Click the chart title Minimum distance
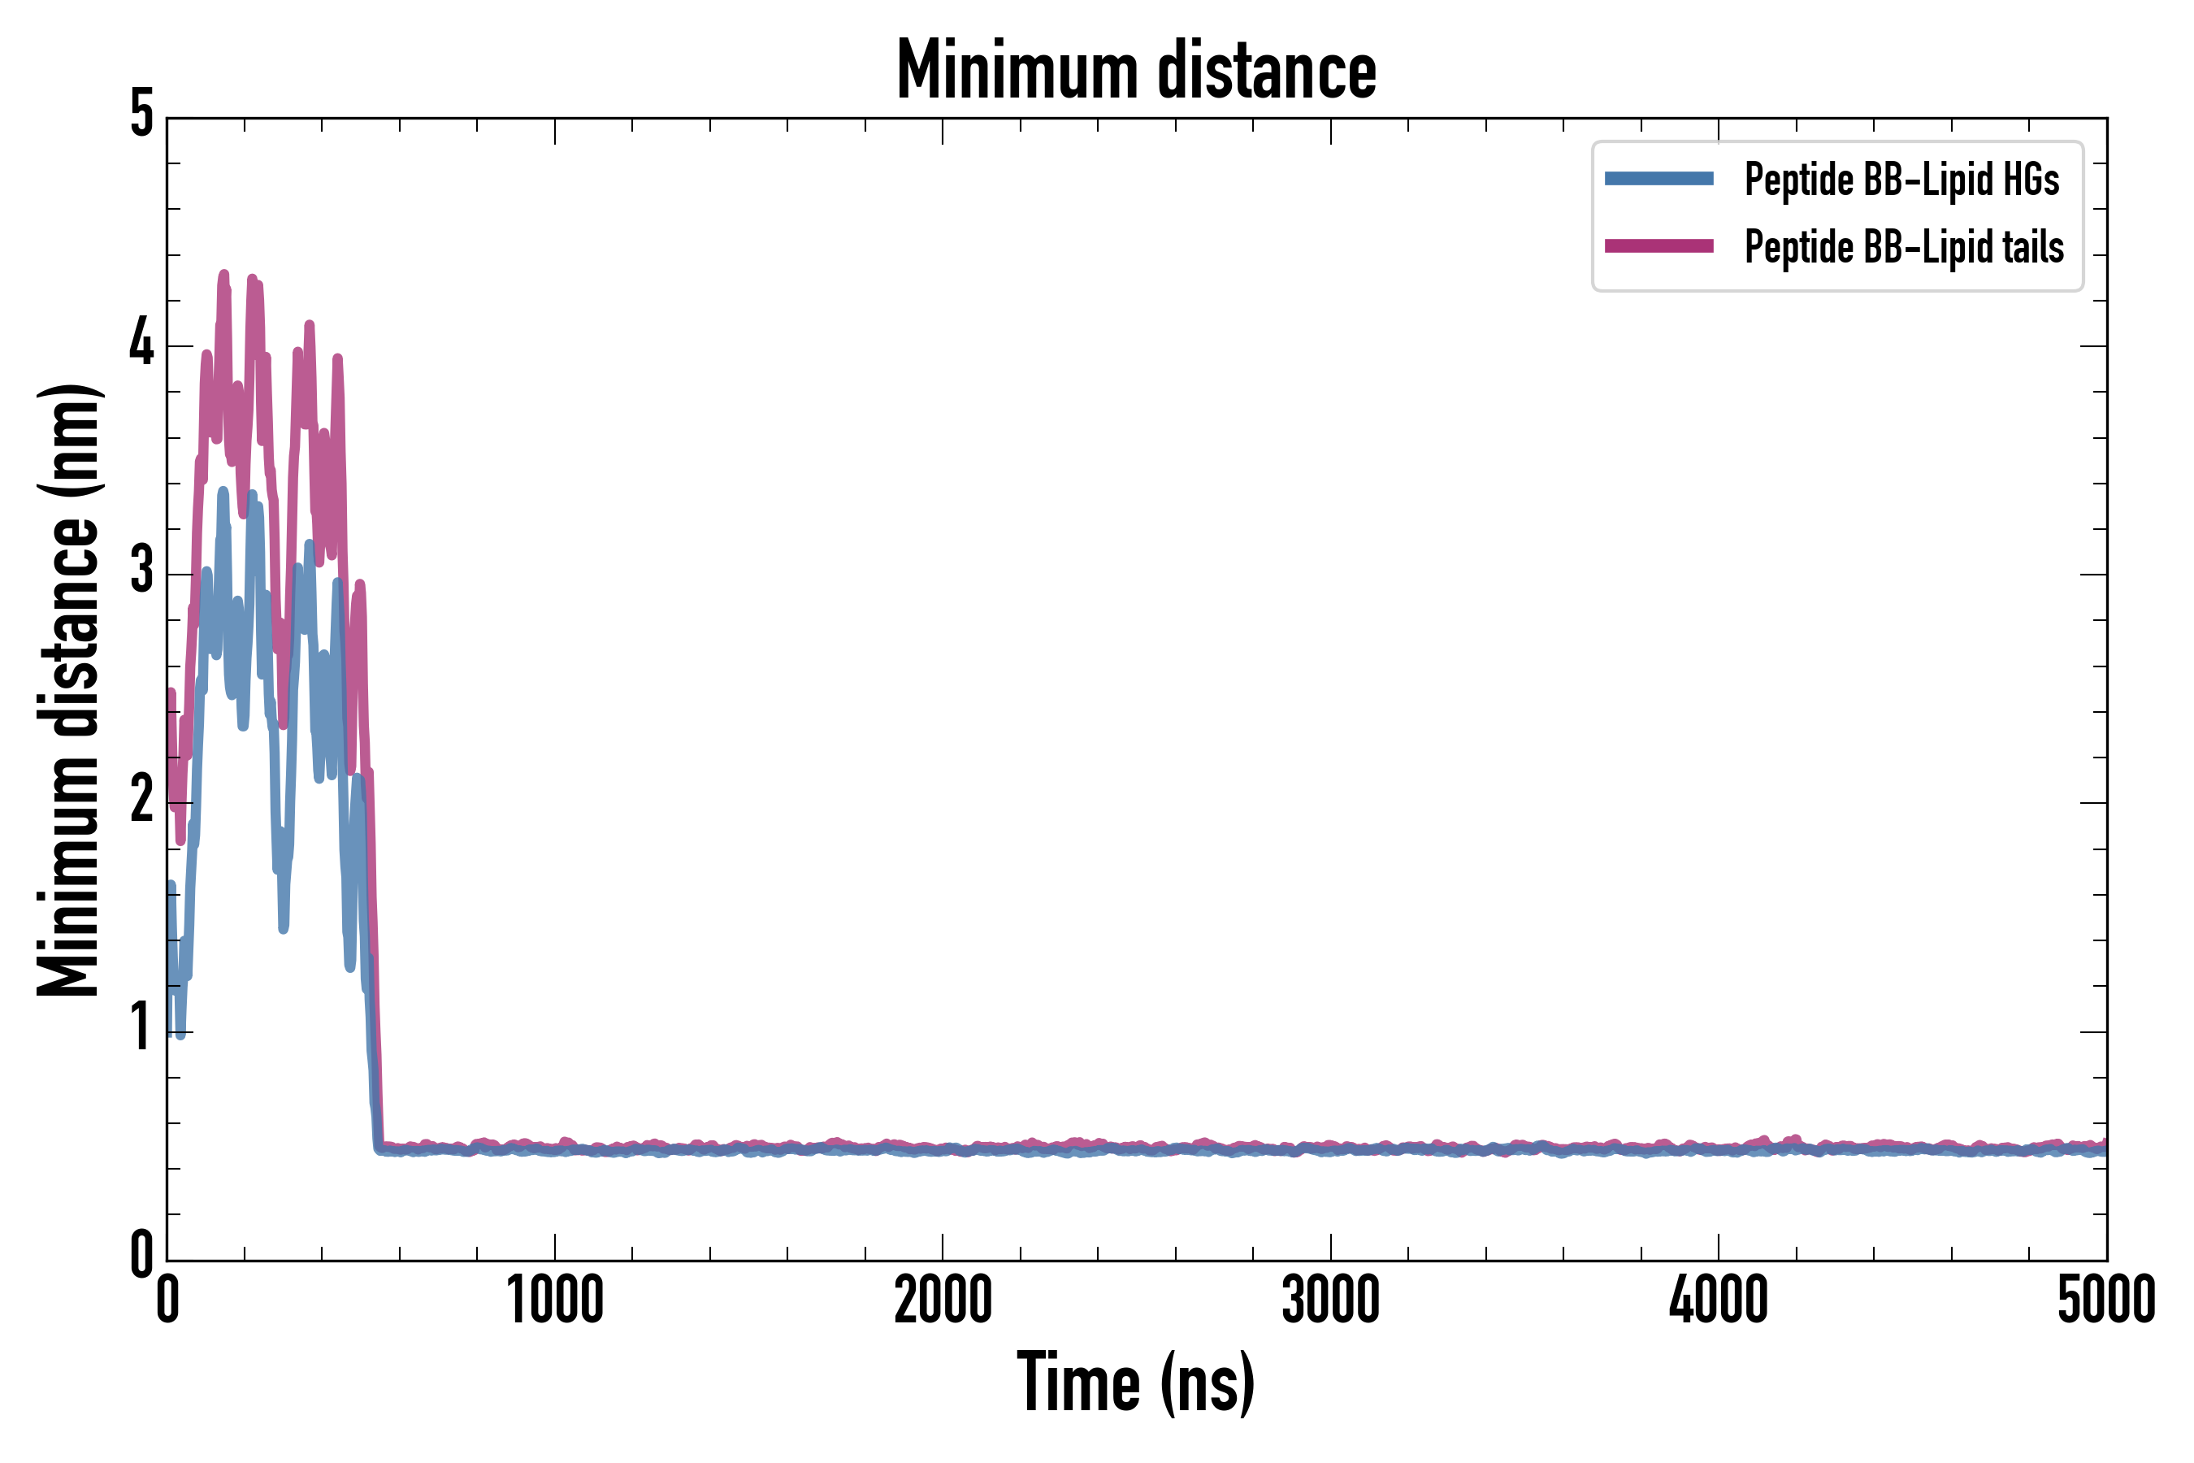pyautogui.click(x=1135, y=70)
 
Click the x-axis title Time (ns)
pyautogui.click(x=1135, y=1382)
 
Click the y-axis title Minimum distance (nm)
pyautogui.click(x=68, y=689)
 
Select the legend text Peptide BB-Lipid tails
pyautogui.click(x=1904, y=247)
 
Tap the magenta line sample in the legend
pyautogui.click(x=1659, y=246)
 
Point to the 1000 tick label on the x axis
pyautogui.click(x=555, y=1300)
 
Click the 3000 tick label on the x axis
pyautogui.click(x=1330, y=1300)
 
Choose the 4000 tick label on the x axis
pyautogui.click(x=1719, y=1300)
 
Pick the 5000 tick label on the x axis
pyautogui.click(x=2106, y=1300)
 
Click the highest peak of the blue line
pyautogui.click(x=223, y=491)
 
